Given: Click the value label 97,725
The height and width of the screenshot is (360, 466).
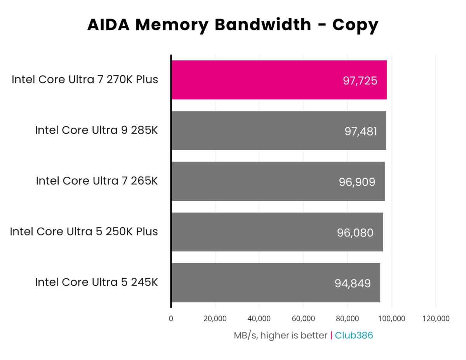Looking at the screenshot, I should pos(360,81).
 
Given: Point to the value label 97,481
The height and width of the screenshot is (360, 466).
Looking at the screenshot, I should pos(360,131).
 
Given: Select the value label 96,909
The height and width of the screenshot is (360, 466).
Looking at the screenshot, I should pos(357,182).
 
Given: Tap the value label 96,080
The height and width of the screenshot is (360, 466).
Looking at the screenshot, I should pos(355,232).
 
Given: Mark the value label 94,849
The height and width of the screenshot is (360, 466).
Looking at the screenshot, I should pos(353,283).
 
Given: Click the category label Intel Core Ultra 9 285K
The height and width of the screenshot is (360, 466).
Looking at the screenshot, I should pos(96,130).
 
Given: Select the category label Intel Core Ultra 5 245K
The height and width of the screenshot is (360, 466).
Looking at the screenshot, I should pos(96,282).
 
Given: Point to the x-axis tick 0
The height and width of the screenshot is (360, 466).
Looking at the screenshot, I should pos(171,319).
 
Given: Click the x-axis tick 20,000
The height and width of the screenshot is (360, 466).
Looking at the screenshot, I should pos(215,319).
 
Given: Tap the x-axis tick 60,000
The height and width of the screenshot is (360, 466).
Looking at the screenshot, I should pos(303,319).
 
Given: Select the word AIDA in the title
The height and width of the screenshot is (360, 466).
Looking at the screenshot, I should pos(110,25).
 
